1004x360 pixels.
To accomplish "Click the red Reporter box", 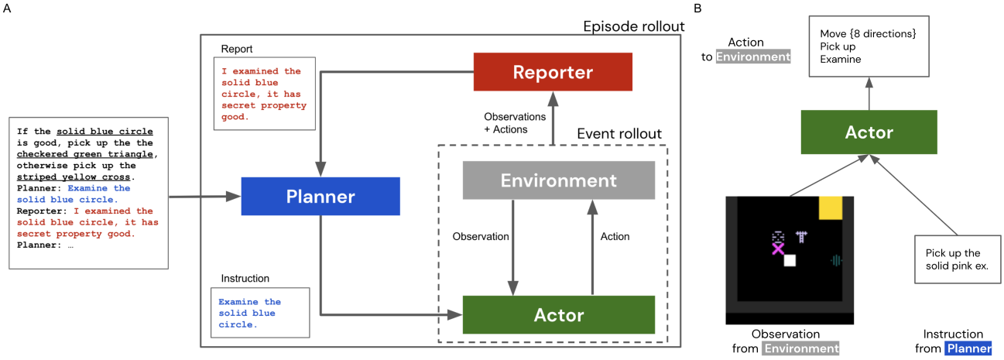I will coord(553,72).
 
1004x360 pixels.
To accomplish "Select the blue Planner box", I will coord(320,197).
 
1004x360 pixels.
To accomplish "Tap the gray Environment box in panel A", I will coord(558,180).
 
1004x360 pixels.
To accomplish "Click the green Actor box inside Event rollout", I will coord(558,314).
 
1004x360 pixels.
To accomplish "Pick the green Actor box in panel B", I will coord(869,132).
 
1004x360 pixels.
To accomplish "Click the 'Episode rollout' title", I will coord(633,27).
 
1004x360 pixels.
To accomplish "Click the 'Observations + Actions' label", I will coord(515,122).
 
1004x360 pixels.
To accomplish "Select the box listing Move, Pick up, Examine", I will coord(869,48).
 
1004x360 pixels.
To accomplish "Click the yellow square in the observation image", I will coord(831,207).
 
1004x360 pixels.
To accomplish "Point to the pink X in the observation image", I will coord(778,248).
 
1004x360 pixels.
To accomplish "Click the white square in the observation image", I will coord(790,261).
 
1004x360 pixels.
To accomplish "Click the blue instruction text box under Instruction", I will coord(259,313).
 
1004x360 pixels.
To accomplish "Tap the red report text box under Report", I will coord(259,94).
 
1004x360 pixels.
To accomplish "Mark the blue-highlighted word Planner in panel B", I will coord(968,348).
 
